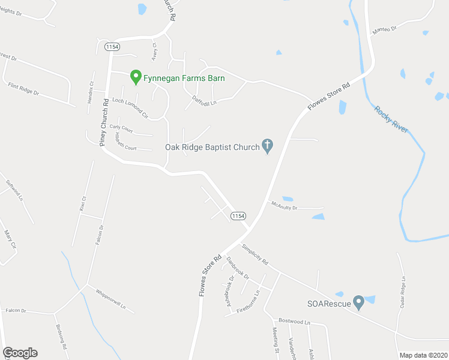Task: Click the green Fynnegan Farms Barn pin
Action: [x=136, y=77]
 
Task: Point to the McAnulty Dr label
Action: [x=284, y=205]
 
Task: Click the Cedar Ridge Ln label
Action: [x=402, y=292]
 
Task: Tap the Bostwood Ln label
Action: [x=294, y=322]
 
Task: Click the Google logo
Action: [x=20, y=353]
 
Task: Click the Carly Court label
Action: [x=121, y=128]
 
